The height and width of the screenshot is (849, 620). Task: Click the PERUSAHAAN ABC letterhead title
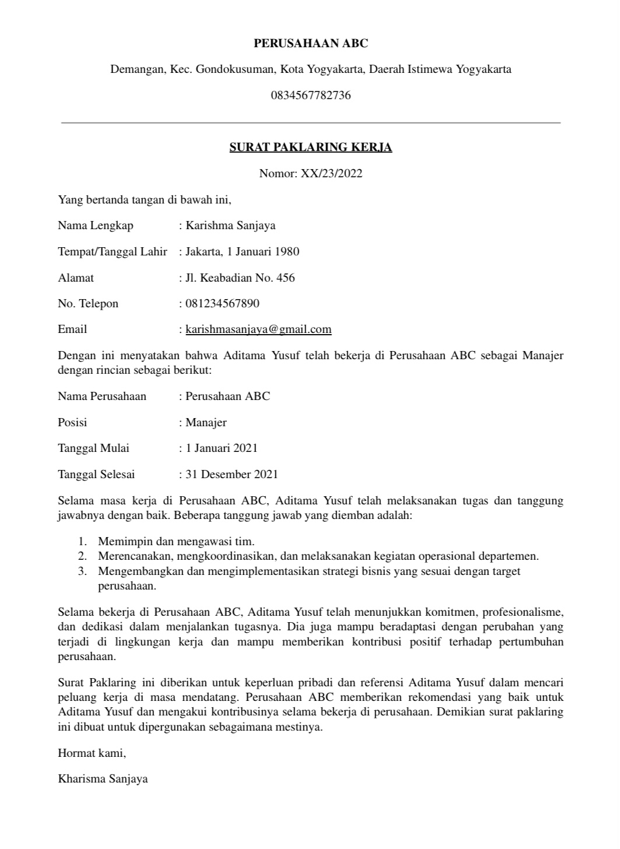coord(310,43)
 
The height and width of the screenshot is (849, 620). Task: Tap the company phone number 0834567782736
coord(310,95)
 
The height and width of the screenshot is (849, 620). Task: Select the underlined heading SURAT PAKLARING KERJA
coord(310,147)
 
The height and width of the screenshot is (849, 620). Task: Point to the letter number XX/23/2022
coord(331,173)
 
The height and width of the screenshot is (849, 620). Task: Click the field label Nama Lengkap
coord(96,226)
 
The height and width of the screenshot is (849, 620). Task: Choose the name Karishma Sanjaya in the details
coord(230,226)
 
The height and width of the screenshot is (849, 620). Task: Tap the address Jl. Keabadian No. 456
coord(240,278)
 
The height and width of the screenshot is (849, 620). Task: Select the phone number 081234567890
coord(222,303)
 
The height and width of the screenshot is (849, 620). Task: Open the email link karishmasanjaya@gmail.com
coord(258,329)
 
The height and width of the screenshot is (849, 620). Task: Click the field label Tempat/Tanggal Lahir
coord(113,252)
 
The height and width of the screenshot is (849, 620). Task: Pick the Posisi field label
coord(72,422)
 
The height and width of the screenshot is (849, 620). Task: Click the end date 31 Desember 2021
coord(232,475)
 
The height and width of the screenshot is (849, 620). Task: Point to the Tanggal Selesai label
coord(96,475)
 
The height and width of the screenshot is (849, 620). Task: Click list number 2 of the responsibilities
coord(83,556)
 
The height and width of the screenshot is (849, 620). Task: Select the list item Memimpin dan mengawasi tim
coord(176,542)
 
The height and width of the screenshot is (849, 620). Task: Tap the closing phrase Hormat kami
coord(92,753)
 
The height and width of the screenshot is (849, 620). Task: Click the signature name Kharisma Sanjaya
coord(103,778)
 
